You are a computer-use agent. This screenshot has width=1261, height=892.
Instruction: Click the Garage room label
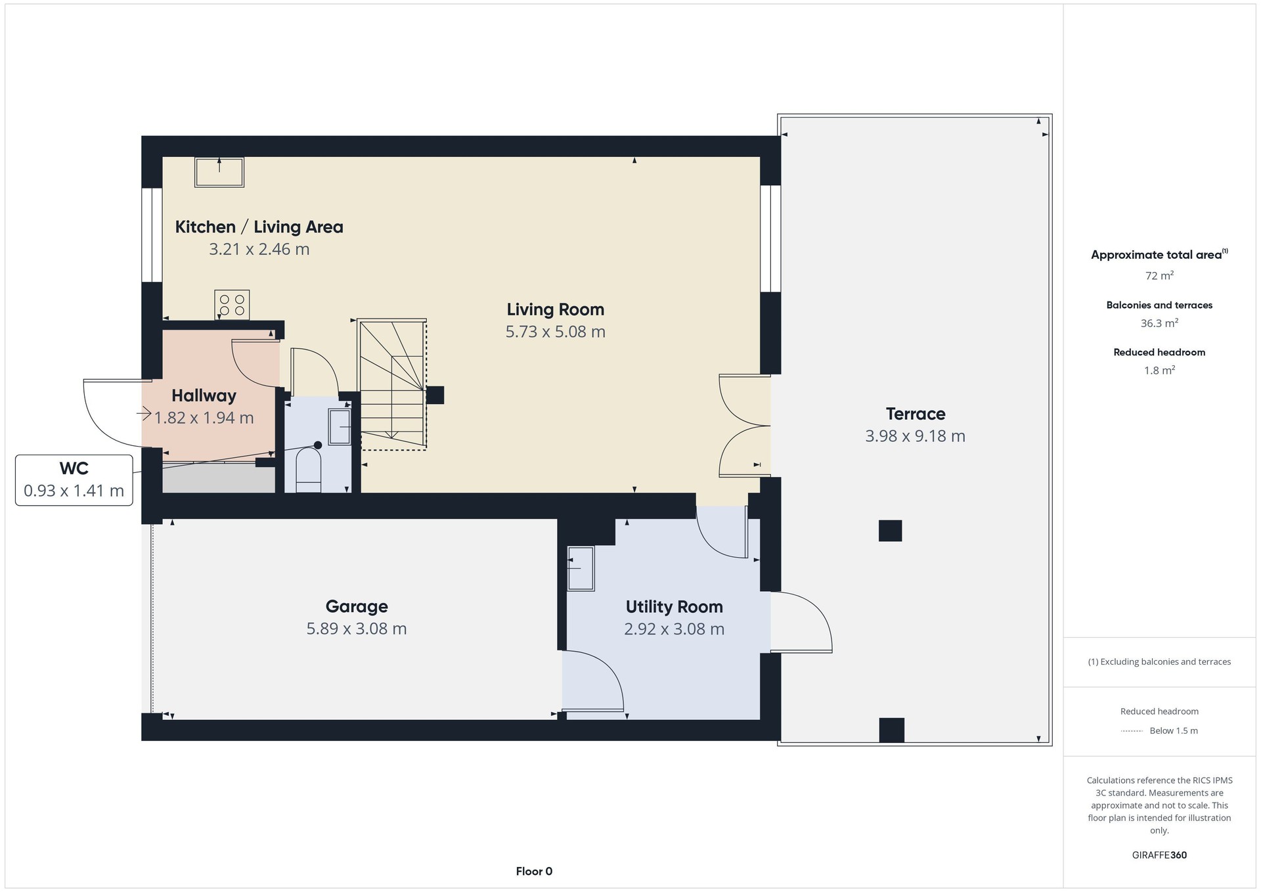pos(357,606)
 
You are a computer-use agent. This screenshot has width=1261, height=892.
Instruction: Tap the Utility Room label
pos(674,607)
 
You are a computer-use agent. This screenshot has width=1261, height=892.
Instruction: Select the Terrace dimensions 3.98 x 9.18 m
pos(915,436)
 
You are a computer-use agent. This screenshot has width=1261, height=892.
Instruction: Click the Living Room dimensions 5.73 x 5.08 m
pos(555,332)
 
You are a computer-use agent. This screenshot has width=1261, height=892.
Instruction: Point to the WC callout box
pos(74,480)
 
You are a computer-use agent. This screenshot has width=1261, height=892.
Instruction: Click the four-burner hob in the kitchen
pos(232,305)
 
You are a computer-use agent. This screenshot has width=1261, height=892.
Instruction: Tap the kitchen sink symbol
pos(219,172)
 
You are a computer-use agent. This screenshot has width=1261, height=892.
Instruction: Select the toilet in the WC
pos(308,470)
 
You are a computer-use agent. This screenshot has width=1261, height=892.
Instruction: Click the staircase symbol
pos(392,384)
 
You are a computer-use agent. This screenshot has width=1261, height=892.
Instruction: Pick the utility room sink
pos(581,568)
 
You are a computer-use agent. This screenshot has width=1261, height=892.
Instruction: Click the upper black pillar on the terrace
pos(890,531)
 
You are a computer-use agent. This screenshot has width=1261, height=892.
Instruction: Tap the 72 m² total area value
pos(1159,276)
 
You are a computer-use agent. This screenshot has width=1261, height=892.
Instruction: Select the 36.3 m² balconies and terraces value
pos(1159,323)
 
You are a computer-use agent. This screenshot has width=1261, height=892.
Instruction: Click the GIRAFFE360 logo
pos(1159,855)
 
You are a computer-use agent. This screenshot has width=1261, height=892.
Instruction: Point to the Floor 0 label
pos(534,872)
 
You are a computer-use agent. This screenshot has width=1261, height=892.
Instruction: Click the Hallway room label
pos(204,395)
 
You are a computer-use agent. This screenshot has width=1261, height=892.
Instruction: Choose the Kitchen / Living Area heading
pos(259,227)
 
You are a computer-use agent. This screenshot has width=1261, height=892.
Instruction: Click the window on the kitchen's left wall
pos(152,235)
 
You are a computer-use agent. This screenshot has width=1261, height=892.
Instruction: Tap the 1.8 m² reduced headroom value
pos(1159,370)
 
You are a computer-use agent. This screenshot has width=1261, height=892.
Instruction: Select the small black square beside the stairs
pos(435,395)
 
